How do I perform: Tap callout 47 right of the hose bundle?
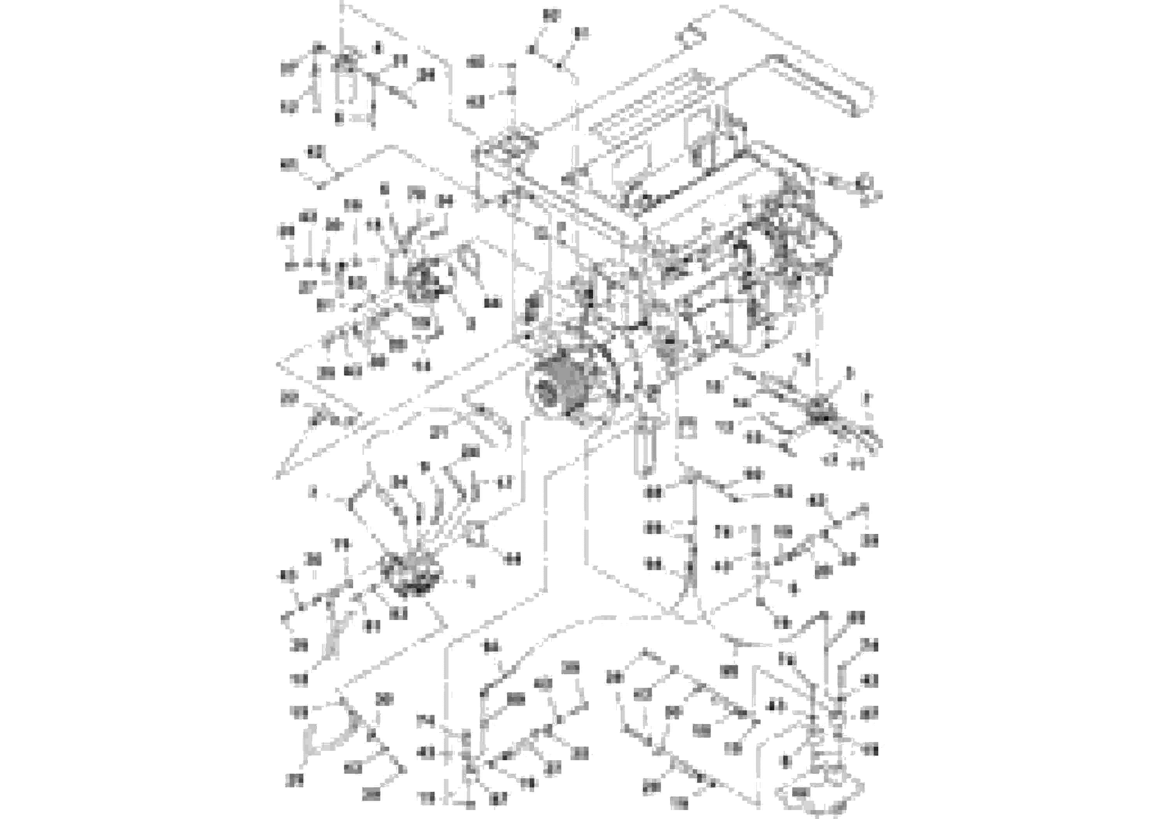pyautogui.click(x=504, y=483)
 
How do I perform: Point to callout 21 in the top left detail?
pyautogui.click(x=400, y=61)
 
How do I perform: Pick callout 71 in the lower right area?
pyautogui.click(x=723, y=532)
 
